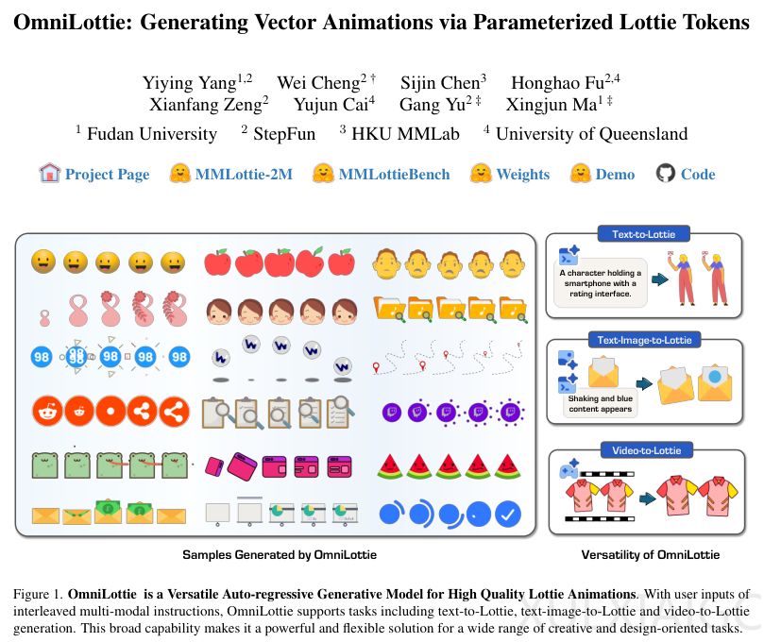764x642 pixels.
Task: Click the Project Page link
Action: (x=107, y=174)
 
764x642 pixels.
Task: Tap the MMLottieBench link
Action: (x=394, y=174)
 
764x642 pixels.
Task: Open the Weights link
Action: (x=522, y=174)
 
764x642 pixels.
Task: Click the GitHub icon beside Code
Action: (x=666, y=174)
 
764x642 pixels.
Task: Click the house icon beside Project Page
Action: (x=50, y=173)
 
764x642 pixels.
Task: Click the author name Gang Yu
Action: (x=433, y=105)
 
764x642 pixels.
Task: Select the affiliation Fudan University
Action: (x=151, y=134)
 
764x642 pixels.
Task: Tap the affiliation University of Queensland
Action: (x=591, y=134)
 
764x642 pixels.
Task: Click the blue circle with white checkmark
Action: (x=508, y=515)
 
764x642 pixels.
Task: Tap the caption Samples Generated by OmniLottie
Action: (x=273, y=555)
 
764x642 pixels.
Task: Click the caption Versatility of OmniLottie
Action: (x=650, y=555)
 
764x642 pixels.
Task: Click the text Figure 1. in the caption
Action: (x=38, y=595)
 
